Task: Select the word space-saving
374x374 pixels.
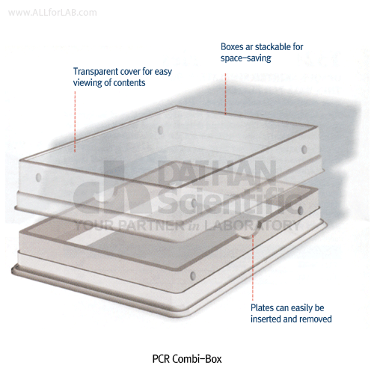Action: tap(246, 58)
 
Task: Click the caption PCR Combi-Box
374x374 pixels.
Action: tap(187, 359)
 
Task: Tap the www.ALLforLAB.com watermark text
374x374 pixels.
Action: tap(52, 13)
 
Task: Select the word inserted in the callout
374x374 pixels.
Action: tap(264, 319)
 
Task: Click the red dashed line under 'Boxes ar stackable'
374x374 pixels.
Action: tap(225, 93)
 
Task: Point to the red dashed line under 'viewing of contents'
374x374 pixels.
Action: tap(75, 121)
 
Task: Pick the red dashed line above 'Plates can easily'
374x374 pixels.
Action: tap(252, 267)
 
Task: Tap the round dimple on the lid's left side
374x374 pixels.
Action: tap(38, 177)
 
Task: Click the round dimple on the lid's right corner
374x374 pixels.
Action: tap(304, 150)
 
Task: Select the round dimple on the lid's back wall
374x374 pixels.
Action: tap(160, 130)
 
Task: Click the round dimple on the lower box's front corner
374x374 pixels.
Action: tap(193, 275)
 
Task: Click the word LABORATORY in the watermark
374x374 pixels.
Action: tap(252, 225)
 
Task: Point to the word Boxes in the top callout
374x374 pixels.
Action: tap(232, 46)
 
